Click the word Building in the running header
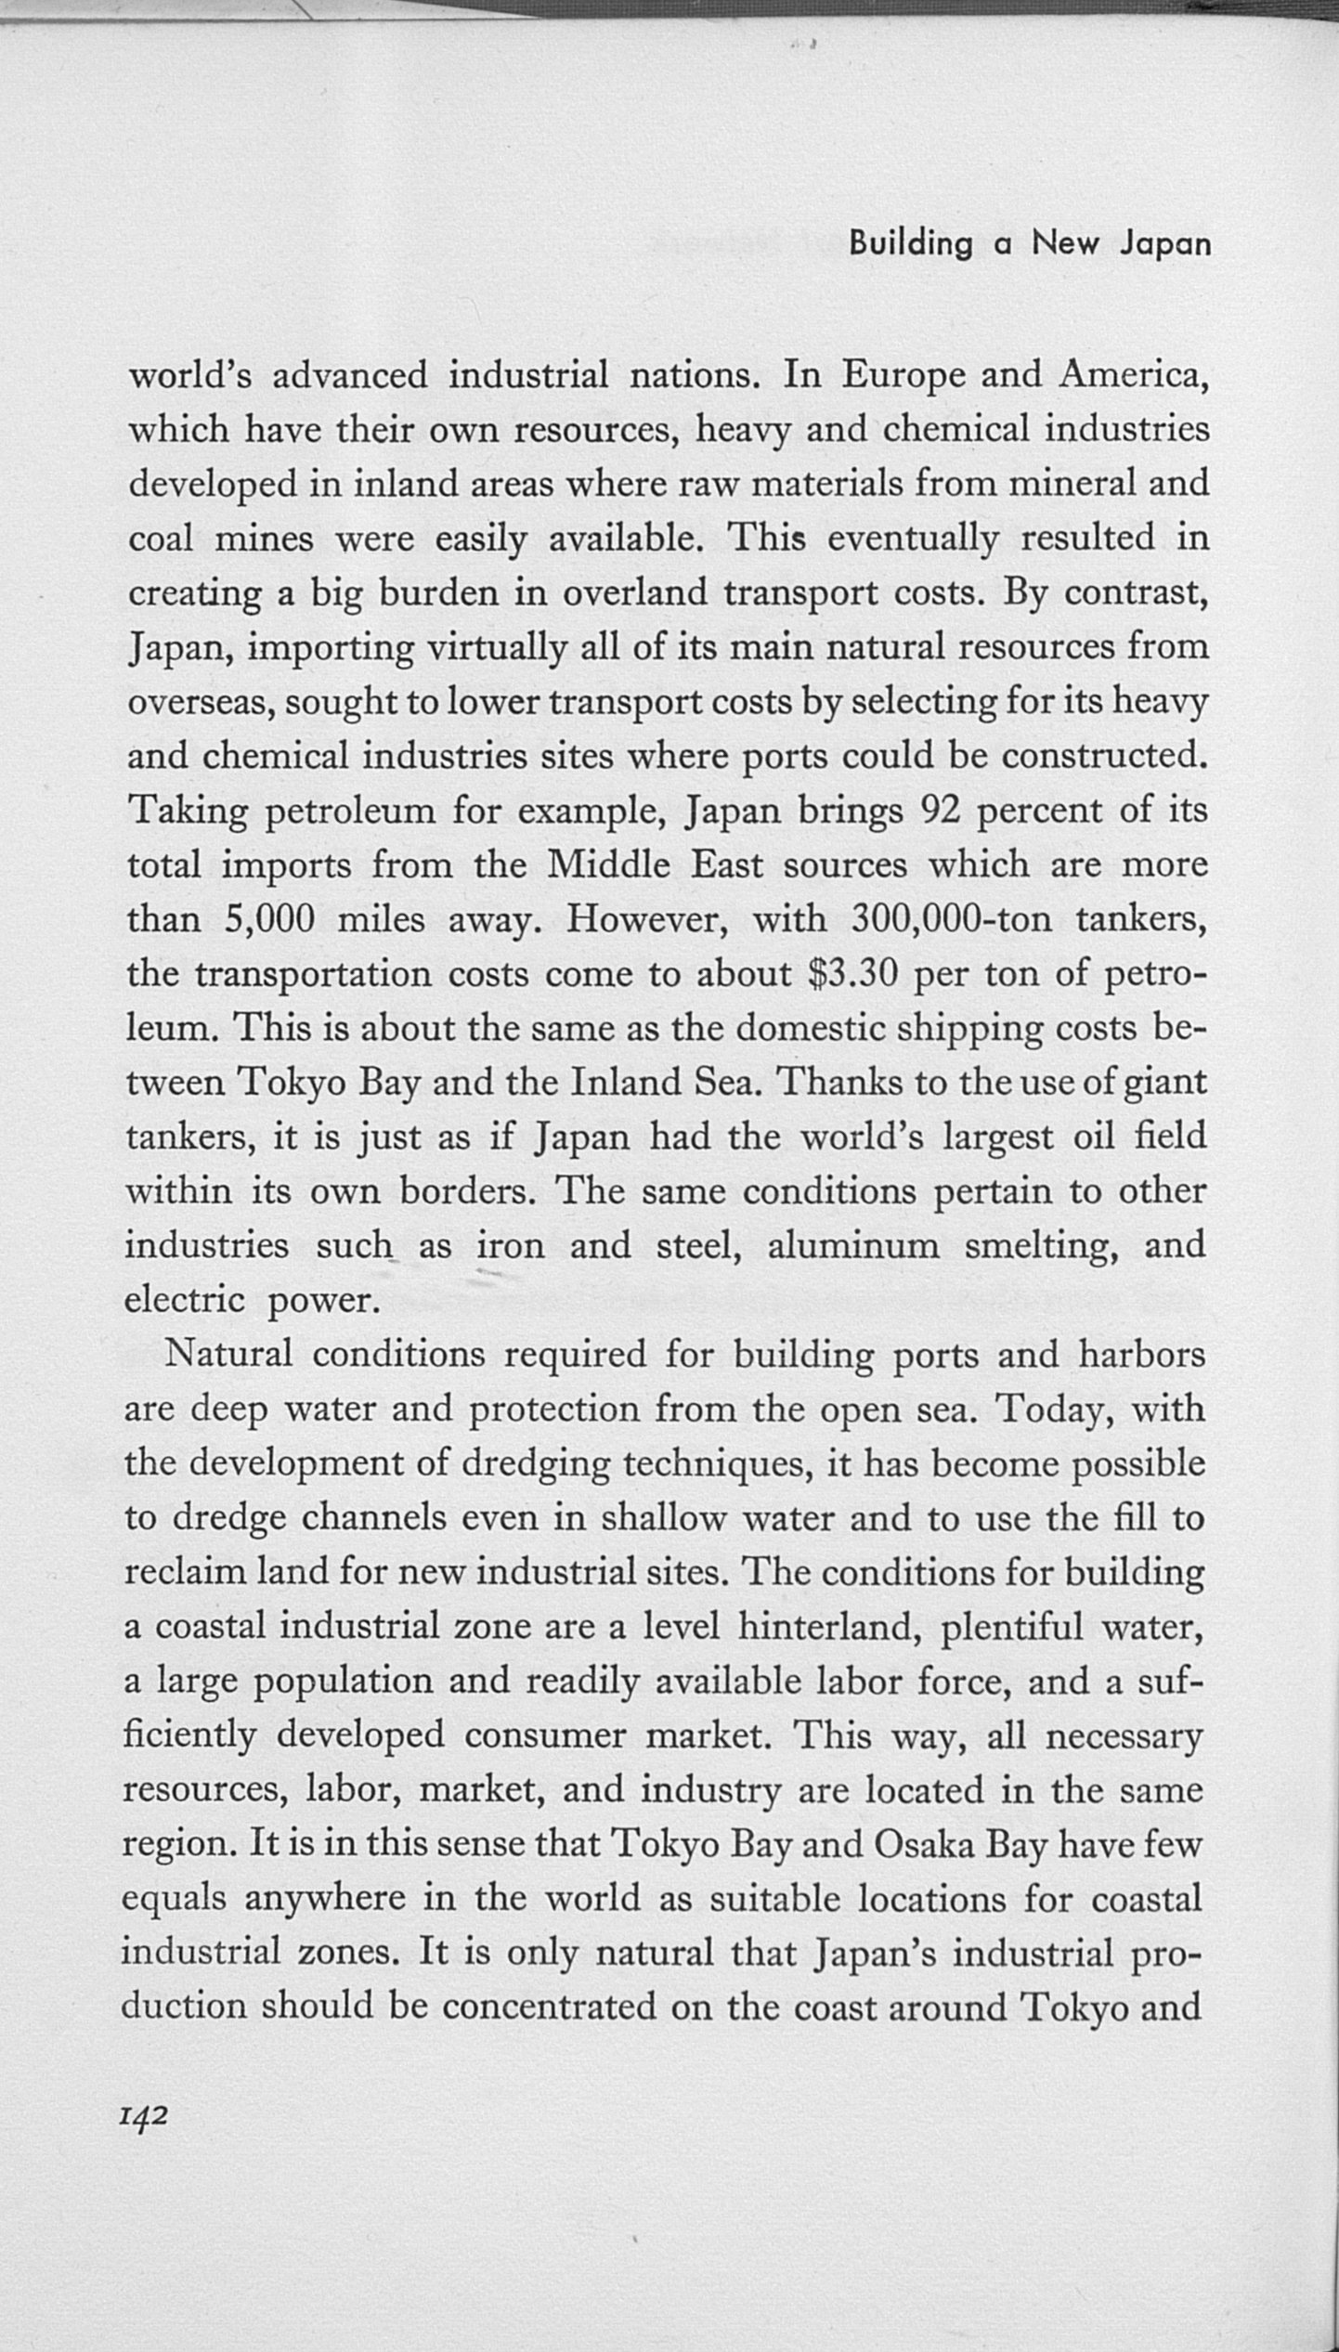click(910, 243)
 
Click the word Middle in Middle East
click(609, 864)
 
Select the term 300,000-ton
click(951, 919)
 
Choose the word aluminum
click(853, 1245)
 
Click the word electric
click(184, 1300)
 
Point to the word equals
click(174, 1899)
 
